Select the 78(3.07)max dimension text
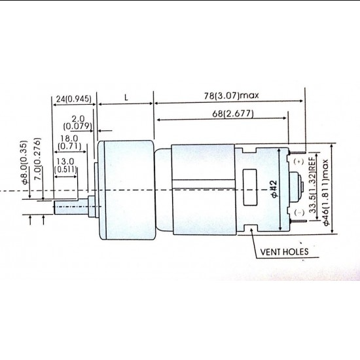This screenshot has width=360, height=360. [232, 95]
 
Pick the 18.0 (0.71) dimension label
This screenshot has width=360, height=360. [69, 142]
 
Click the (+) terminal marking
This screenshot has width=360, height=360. [299, 161]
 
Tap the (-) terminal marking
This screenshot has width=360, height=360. [299, 213]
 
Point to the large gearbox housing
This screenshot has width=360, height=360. [124, 189]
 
